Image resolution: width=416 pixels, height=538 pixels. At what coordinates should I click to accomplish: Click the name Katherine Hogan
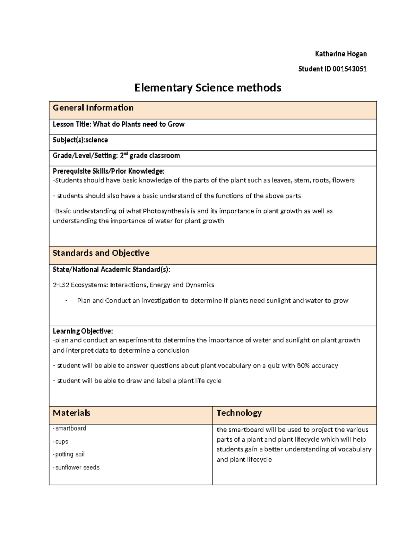pos(340,54)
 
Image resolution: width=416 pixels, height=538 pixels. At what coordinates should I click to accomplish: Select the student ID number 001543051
pos(349,69)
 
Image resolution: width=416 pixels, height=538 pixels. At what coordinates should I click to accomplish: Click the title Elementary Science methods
pos(208,88)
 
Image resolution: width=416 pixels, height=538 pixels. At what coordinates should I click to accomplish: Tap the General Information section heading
pos(93,108)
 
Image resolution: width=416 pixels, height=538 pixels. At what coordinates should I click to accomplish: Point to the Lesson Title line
pos(119,124)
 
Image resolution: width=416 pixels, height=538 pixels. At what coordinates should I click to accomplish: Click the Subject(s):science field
pos(80,140)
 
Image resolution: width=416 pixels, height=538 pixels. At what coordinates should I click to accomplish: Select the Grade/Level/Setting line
pos(116,156)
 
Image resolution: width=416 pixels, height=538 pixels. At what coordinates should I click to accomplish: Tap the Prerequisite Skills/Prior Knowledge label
pos(108,171)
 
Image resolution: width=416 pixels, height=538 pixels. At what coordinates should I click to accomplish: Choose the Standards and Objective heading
pos(101,253)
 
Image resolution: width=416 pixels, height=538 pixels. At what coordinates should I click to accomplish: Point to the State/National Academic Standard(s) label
pos(111,270)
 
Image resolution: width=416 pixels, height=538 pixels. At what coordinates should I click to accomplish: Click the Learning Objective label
pos(83,331)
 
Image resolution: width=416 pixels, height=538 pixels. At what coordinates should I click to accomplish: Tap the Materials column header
pos(71,413)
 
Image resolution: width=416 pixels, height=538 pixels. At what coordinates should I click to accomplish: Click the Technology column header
pos(239,413)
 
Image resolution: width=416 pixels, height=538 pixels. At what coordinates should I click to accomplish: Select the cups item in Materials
pos(61,441)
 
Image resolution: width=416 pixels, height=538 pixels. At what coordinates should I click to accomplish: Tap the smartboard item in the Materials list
pos(70,429)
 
